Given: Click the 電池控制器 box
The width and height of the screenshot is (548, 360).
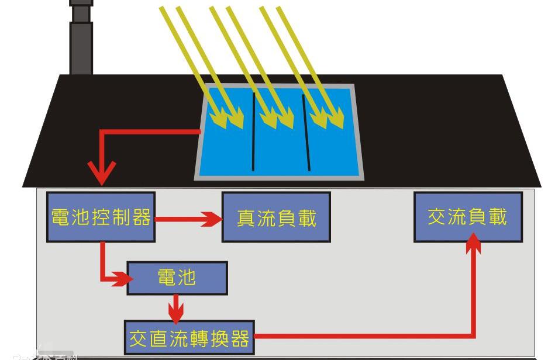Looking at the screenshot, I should [101, 217].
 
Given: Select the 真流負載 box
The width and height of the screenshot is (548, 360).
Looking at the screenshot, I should [276, 217].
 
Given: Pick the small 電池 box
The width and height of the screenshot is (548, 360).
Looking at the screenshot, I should [177, 278].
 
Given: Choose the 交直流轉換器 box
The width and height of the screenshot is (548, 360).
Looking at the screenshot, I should [189, 337].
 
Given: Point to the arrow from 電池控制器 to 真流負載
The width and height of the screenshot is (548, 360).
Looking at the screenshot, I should [187, 220].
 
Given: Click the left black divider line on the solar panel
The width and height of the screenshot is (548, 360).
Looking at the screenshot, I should [253, 131].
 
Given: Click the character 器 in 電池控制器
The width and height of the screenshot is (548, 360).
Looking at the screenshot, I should [142, 217].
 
